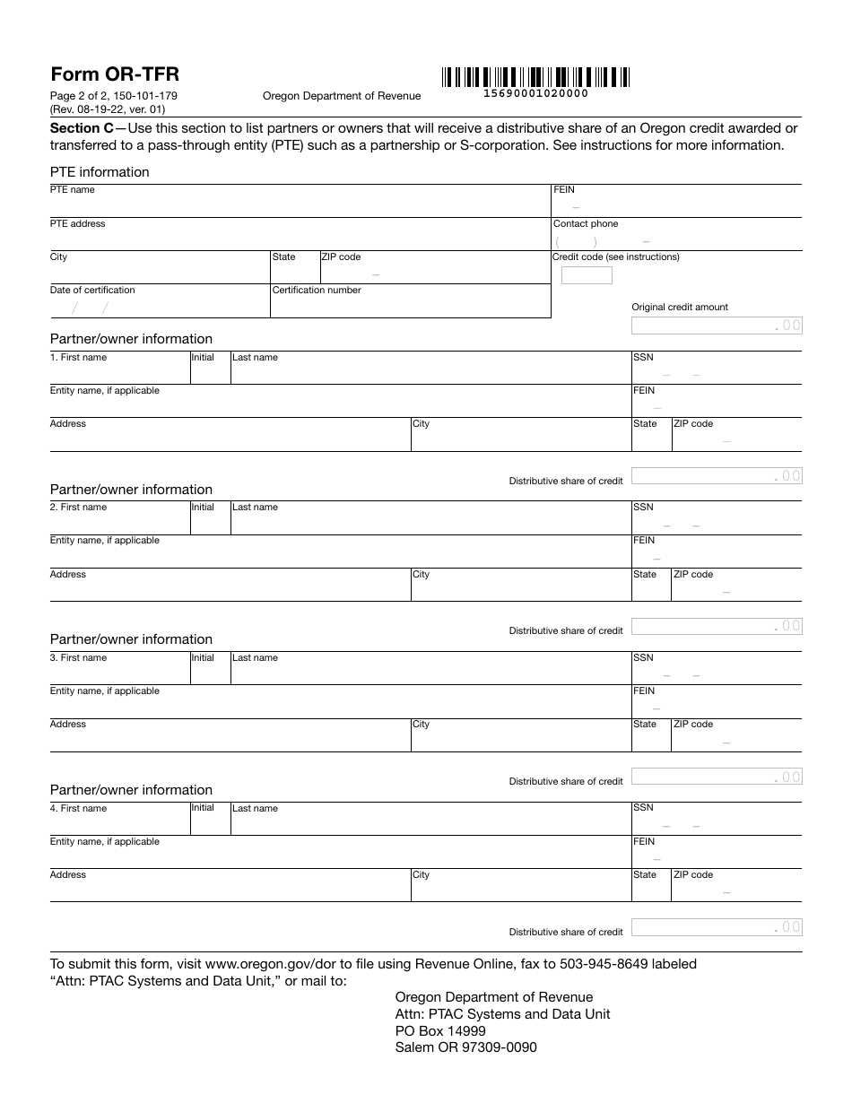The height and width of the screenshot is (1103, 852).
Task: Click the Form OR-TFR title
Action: click(x=115, y=74)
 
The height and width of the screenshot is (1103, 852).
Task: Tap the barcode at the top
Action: click(x=535, y=76)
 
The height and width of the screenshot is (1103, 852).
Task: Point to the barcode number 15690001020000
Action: click(x=535, y=93)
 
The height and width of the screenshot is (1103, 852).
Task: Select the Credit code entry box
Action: click(x=587, y=275)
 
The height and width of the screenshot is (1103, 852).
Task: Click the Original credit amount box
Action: click(x=717, y=326)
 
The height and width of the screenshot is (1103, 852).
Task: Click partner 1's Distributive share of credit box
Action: click(x=717, y=476)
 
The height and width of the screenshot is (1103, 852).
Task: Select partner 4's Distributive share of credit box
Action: click(x=717, y=927)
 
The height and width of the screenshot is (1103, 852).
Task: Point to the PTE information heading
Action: click(x=100, y=172)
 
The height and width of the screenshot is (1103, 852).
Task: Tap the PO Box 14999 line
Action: click(x=440, y=1030)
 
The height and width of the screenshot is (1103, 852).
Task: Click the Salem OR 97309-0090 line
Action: click(x=465, y=1047)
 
